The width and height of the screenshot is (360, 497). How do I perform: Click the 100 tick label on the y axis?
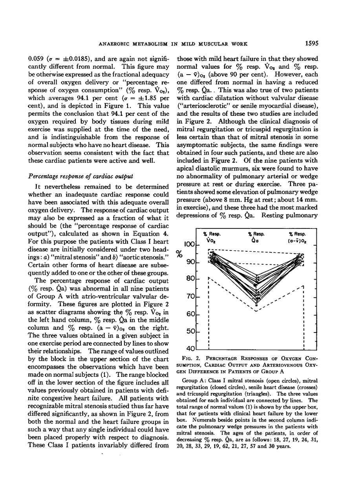coord(189,245)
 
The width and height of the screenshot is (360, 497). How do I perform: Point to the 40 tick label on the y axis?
coord(190,349)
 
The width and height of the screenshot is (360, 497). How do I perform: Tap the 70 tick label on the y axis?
coord(191,297)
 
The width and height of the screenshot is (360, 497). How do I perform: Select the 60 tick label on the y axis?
coord(191,314)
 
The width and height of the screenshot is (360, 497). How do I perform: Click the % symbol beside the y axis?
coord(179,254)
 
